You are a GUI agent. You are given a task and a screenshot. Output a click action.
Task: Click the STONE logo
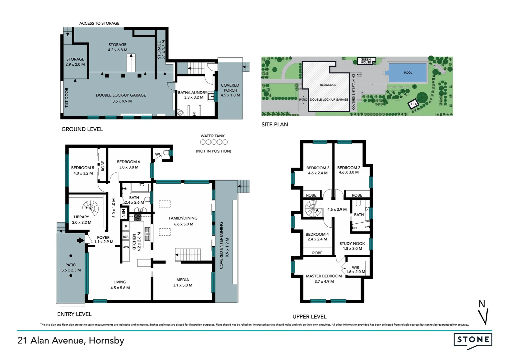[x=473, y=340]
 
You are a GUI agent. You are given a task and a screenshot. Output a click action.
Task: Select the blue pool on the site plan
[x=408, y=73]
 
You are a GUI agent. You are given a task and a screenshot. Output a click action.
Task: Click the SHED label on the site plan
[x=413, y=104]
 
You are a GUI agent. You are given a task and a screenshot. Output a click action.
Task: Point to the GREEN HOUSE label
[x=366, y=61]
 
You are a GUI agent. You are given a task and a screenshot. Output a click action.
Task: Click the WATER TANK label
[x=213, y=136]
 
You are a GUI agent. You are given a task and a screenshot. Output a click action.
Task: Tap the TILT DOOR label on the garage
[x=67, y=97]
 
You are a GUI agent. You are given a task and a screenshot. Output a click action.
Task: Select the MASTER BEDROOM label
[x=324, y=276]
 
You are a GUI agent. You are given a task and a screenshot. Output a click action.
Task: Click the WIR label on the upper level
[x=355, y=267]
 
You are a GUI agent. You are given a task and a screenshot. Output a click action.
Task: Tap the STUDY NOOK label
[x=352, y=244]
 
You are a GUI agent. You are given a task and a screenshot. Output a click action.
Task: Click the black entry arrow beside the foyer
[x=80, y=240]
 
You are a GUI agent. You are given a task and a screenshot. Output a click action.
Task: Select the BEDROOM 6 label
[x=128, y=162]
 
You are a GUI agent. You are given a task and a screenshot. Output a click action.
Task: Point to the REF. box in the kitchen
[x=126, y=237]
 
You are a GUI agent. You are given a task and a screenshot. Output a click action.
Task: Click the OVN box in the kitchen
[x=126, y=247]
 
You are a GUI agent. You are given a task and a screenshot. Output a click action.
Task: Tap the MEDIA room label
[x=183, y=280]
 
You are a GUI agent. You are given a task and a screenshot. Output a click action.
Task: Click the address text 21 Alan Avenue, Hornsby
[x=71, y=340]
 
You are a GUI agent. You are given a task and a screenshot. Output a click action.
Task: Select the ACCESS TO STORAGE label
[x=99, y=23]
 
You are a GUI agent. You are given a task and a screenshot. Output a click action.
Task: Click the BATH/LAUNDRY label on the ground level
[x=193, y=93]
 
